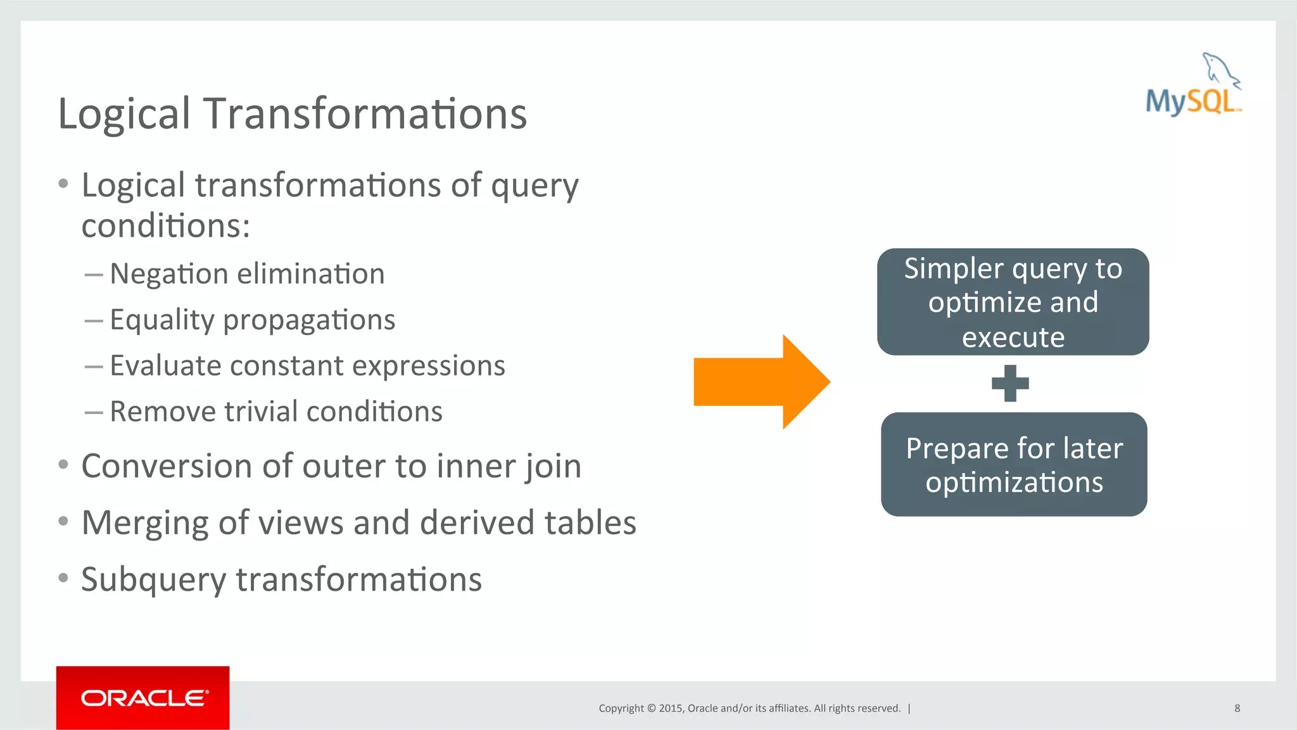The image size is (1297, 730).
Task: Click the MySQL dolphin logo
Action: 1194,85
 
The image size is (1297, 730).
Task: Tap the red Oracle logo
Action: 142,697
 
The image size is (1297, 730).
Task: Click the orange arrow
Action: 760,382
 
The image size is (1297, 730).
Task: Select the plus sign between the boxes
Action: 1010,383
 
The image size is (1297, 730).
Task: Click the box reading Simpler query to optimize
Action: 1013,301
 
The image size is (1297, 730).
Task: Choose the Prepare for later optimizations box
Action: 1014,464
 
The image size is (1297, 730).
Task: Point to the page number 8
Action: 1237,708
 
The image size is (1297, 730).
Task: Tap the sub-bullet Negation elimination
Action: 247,274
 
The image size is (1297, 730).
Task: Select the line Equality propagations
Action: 252,320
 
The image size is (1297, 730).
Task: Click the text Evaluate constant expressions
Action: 307,366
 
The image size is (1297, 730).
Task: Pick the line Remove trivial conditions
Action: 275,412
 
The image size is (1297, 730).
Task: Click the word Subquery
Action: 153,580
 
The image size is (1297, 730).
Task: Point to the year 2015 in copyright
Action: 670,708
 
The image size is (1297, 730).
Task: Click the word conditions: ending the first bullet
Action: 166,226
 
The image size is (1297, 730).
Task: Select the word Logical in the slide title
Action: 124,114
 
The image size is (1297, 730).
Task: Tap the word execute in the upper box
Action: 1013,337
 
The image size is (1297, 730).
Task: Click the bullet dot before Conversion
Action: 63,465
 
